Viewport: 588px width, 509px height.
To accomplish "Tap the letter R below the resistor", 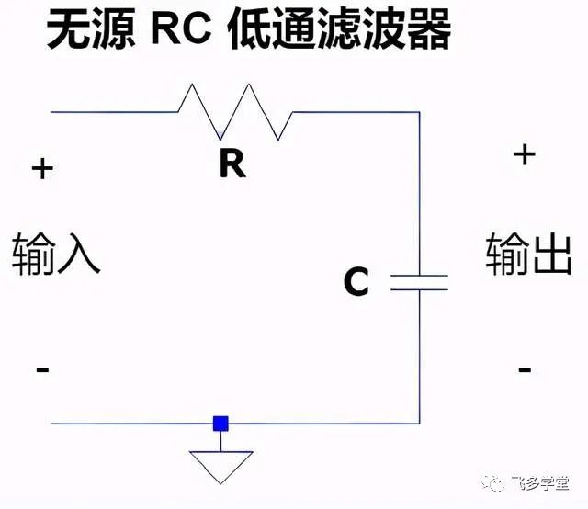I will point(232,164).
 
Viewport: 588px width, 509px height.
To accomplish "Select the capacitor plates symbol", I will point(420,281).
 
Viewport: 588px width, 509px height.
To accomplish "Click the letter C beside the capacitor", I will point(356,282).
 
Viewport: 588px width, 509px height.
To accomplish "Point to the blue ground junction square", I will point(220,424).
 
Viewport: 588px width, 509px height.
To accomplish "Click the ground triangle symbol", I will point(220,465).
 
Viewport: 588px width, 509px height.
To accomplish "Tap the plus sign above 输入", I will point(42,169).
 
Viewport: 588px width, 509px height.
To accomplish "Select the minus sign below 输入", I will point(42,369).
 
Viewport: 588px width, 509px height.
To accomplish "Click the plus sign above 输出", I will point(524,153).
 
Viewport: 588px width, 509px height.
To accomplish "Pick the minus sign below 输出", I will point(525,369).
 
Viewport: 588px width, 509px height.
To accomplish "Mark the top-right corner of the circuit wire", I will point(420,112).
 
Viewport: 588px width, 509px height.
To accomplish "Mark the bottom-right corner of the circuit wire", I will point(420,424).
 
